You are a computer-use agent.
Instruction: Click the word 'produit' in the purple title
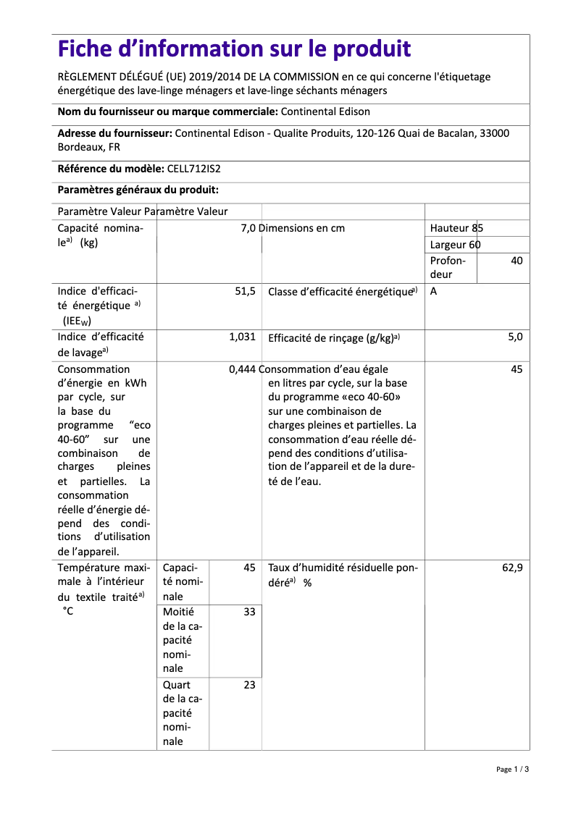(x=372, y=49)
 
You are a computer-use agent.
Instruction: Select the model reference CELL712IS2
(x=193, y=169)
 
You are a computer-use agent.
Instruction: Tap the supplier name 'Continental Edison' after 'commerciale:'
(x=325, y=111)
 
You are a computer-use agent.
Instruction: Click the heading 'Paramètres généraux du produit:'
(x=138, y=190)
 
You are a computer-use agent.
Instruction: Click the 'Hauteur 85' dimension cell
(x=456, y=228)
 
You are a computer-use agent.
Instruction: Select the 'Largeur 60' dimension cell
(x=455, y=245)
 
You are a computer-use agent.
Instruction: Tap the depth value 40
(x=516, y=261)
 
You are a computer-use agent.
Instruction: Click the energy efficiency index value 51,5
(x=246, y=291)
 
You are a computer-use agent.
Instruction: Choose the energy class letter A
(x=433, y=291)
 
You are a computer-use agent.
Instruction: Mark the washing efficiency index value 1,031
(x=242, y=337)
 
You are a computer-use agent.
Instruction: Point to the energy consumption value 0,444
(x=242, y=369)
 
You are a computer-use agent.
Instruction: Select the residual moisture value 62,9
(x=511, y=568)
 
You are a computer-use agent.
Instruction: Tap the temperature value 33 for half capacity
(x=249, y=612)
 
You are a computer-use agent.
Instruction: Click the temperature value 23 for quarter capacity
(x=249, y=685)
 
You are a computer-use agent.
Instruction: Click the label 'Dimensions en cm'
(x=302, y=228)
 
